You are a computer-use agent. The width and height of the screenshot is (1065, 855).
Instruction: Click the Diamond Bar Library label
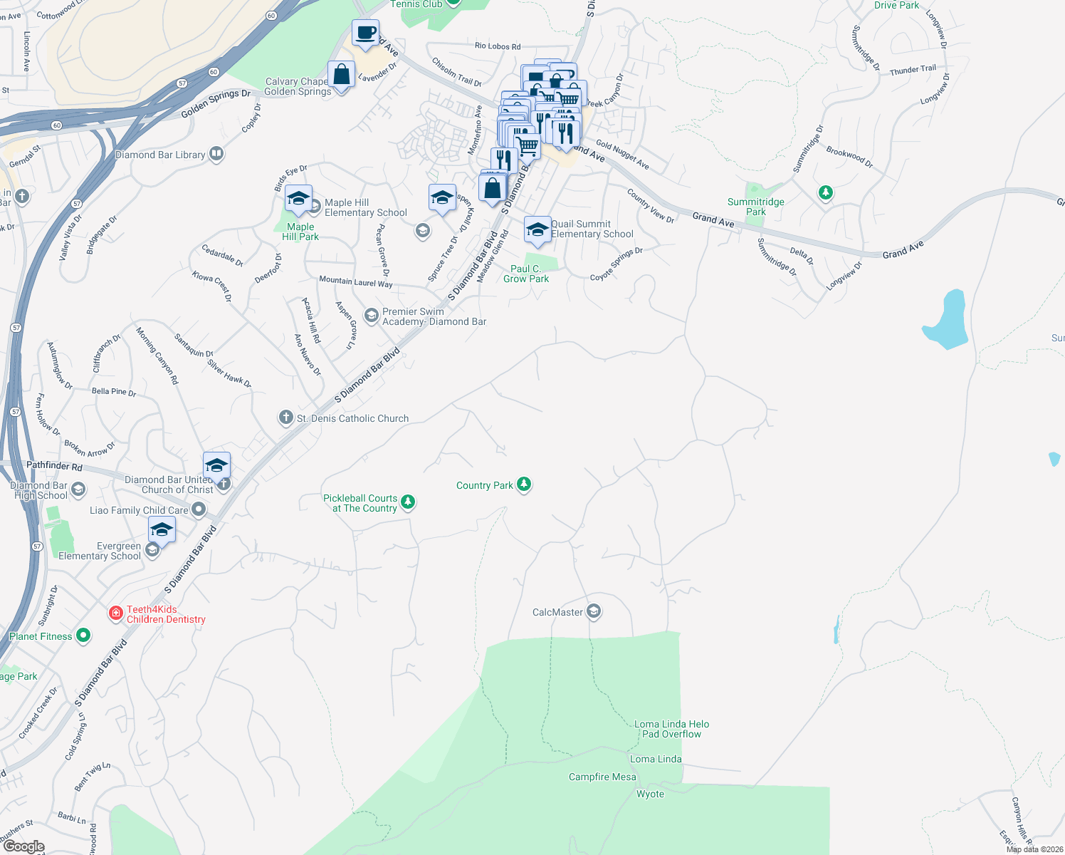pos(160,155)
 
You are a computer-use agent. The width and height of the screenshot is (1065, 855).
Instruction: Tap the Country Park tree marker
pos(524,484)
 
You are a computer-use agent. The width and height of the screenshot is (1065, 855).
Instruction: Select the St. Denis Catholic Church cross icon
pos(285,418)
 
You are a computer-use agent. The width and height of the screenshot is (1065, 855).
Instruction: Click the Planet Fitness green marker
pos(83,636)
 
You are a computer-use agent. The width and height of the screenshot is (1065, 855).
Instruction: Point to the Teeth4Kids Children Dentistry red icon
pos(115,613)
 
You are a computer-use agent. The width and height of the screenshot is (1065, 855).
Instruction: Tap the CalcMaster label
pos(557,612)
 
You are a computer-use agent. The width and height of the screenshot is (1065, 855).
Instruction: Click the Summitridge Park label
pos(755,207)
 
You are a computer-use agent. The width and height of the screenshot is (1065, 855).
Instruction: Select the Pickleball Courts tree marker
pos(408,502)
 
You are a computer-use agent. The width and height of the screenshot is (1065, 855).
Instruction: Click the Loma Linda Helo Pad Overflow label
pos(671,729)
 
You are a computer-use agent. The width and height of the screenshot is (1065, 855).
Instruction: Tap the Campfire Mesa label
pos(602,777)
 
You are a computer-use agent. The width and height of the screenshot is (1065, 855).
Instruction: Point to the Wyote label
pos(650,794)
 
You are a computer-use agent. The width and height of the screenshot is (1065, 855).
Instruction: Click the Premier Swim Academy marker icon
pos(371,315)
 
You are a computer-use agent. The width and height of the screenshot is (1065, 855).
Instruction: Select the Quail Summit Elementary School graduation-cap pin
pos(537,230)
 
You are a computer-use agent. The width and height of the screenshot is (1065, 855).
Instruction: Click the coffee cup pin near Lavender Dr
pos(365,33)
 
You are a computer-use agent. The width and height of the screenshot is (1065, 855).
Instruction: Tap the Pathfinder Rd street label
pos(54,466)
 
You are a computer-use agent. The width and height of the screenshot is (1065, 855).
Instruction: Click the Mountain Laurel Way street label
pos(355,282)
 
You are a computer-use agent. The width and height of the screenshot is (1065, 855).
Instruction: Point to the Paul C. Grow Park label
pos(526,274)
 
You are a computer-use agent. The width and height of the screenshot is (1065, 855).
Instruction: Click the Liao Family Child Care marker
pos(199,509)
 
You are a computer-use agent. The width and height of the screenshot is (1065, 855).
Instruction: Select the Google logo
pos(23,846)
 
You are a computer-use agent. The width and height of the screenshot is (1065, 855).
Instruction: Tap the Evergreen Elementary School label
pos(100,551)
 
